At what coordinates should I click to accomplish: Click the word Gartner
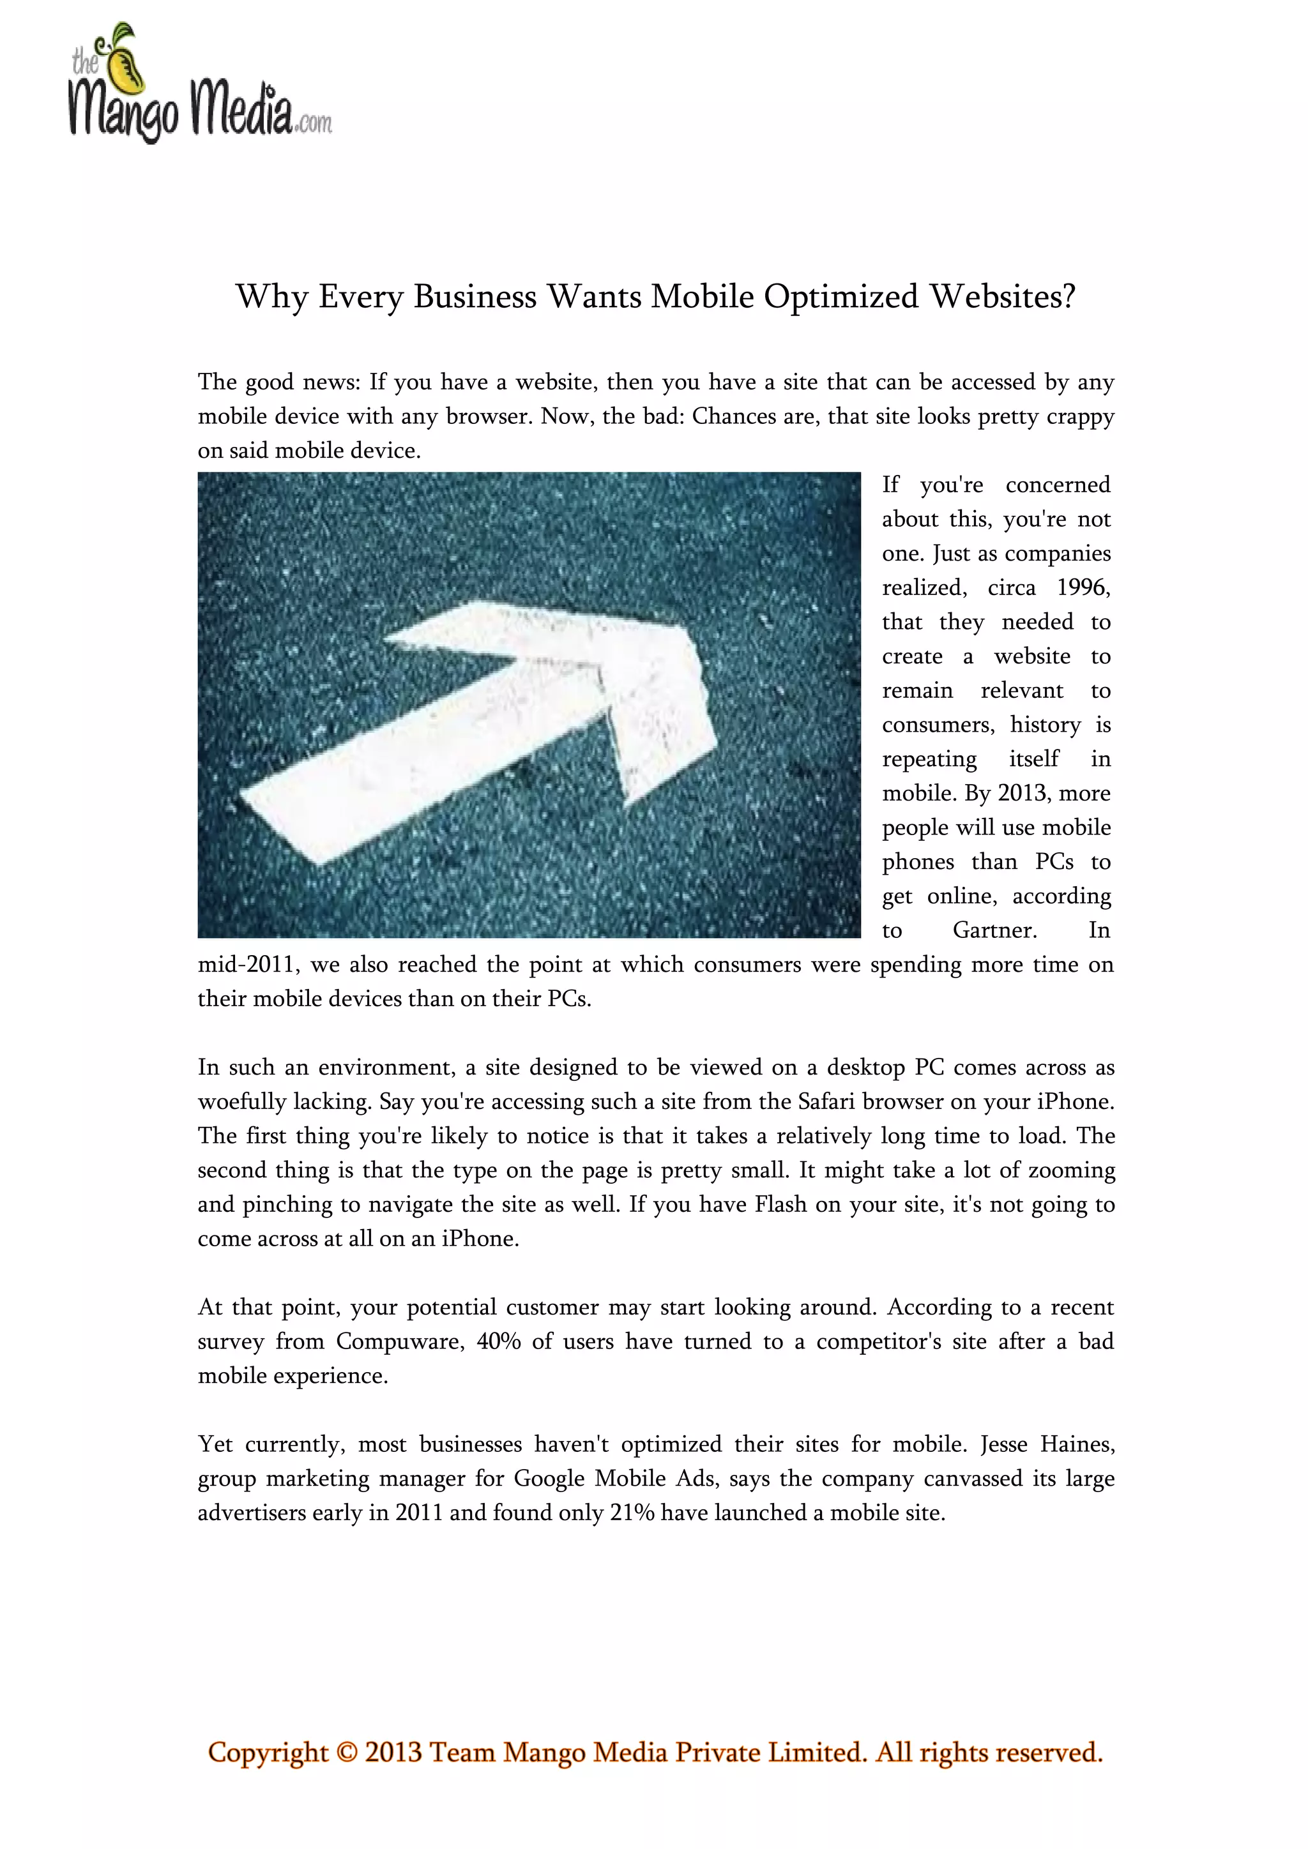tap(994, 931)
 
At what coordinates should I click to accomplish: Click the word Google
tap(549, 1479)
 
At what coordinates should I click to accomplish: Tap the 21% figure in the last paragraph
tap(632, 1513)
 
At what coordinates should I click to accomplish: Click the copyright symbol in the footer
tap(346, 1753)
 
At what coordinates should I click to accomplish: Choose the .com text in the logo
tap(314, 123)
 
